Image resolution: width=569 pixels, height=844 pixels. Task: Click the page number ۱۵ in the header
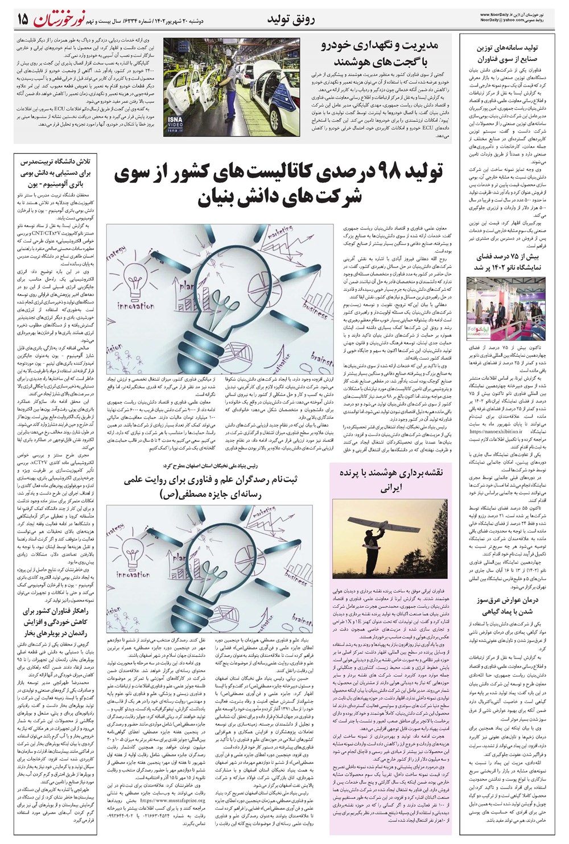pyautogui.click(x=22, y=20)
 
